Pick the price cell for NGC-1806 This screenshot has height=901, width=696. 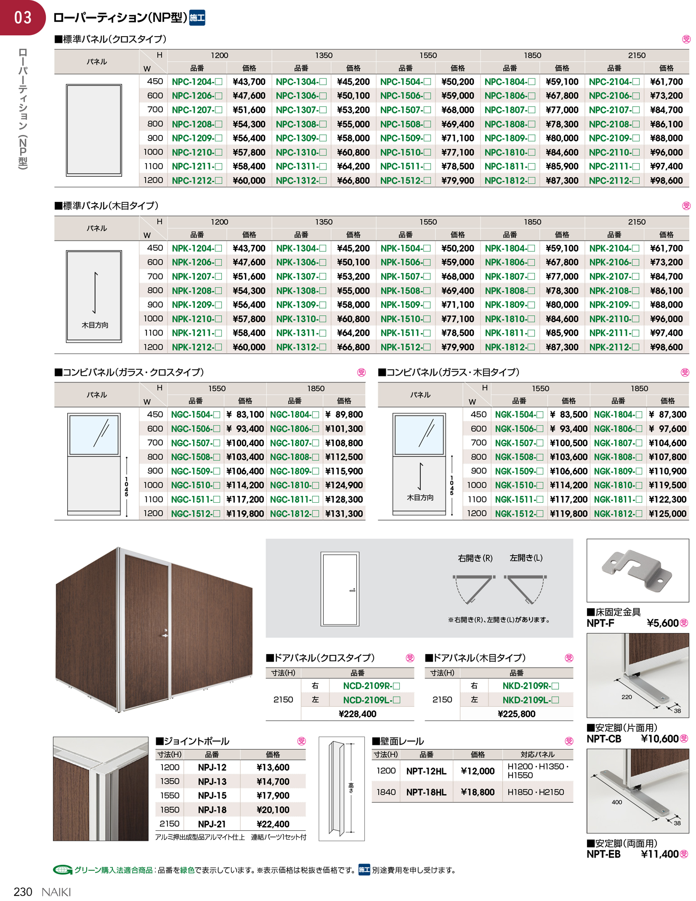pyautogui.click(x=344, y=428)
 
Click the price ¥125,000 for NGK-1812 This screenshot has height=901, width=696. pyautogui.click(x=667, y=514)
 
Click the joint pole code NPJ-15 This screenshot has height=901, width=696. pyautogui.click(x=212, y=795)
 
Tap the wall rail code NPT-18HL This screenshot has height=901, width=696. pyautogui.click(x=426, y=792)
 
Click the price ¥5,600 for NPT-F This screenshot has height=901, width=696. pyautogui.click(x=663, y=623)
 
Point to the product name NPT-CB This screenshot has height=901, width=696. pyautogui.click(x=604, y=739)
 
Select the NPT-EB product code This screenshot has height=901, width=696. pyautogui.click(x=603, y=854)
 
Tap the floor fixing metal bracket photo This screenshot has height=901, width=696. pyautogui.click(x=637, y=570)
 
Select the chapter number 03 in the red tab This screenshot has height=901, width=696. pyautogui.click(x=23, y=17)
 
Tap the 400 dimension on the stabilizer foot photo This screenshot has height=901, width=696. pyautogui.click(x=616, y=802)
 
